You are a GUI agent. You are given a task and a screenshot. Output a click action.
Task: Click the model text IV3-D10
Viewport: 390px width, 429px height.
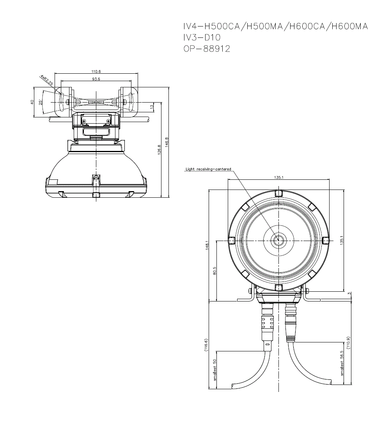click(x=202, y=37)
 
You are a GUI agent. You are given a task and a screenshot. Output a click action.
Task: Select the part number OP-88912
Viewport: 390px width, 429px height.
click(x=207, y=49)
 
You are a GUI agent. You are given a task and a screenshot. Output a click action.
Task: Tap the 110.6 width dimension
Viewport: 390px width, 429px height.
click(x=96, y=71)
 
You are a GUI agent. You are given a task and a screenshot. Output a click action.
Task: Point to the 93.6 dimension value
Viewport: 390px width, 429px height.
click(x=96, y=79)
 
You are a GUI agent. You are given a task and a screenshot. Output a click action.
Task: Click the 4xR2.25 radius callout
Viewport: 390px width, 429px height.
click(x=46, y=80)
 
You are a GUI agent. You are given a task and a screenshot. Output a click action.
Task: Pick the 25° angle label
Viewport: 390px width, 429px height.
click(x=41, y=102)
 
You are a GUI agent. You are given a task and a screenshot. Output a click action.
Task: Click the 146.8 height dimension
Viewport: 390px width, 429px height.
click(x=167, y=142)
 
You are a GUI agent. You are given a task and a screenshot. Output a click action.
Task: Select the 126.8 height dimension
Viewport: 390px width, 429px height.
click(x=159, y=150)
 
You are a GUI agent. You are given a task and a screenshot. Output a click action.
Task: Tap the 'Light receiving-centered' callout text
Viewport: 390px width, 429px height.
click(x=208, y=169)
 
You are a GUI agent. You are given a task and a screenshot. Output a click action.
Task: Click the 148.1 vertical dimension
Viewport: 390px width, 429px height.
click(x=207, y=245)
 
